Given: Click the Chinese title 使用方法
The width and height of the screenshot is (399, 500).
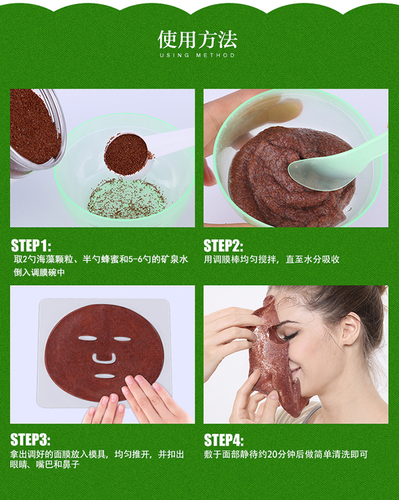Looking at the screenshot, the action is click(x=198, y=39).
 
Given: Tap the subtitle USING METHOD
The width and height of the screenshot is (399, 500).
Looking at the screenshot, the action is click(x=197, y=55).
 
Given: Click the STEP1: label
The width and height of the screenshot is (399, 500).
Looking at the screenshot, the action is click(x=31, y=245).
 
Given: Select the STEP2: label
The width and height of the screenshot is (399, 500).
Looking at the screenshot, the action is click(x=223, y=245).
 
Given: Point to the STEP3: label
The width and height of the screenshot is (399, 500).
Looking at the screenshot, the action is click(x=31, y=439).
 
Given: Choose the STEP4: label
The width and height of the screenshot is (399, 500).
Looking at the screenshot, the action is click(x=224, y=440).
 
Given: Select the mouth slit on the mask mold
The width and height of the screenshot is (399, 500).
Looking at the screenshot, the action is click(x=105, y=376).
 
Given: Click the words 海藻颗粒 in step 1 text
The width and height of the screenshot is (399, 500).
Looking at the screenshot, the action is click(x=55, y=259).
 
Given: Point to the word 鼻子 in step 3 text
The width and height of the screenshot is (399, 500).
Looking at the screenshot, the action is click(x=70, y=464).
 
